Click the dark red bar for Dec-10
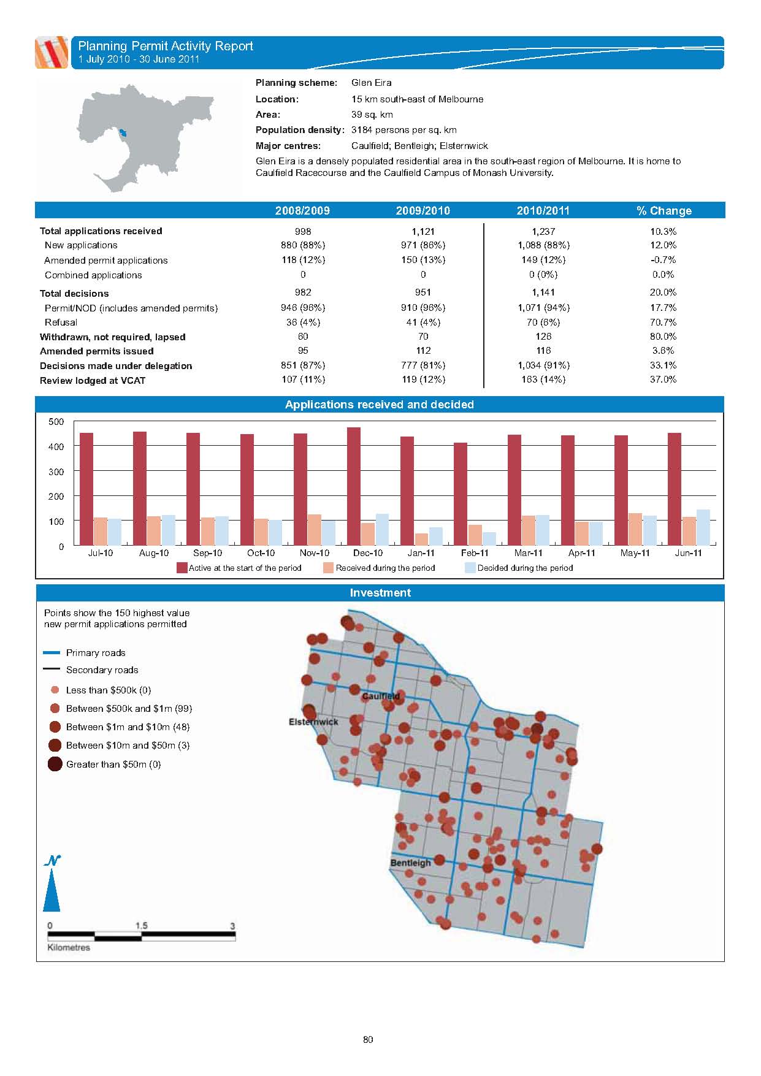[x=354, y=486]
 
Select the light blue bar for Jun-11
[x=703, y=527]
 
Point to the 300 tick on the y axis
[x=56, y=471]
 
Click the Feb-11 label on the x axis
[x=475, y=553]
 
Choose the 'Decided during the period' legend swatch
[x=470, y=568]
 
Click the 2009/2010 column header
[x=423, y=211]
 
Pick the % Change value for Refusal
[x=663, y=322]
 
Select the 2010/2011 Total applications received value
[x=543, y=231]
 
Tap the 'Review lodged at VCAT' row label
[x=93, y=381]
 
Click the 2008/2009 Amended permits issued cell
[x=303, y=351]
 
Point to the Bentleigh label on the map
[x=411, y=863]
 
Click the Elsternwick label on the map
[x=313, y=722]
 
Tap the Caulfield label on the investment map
[x=381, y=696]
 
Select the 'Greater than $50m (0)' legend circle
[x=55, y=765]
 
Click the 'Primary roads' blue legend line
[x=52, y=653]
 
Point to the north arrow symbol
[x=52, y=886]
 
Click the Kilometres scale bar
[x=142, y=936]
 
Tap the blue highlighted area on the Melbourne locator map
[x=124, y=132]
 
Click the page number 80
[x=368, y=1039]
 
